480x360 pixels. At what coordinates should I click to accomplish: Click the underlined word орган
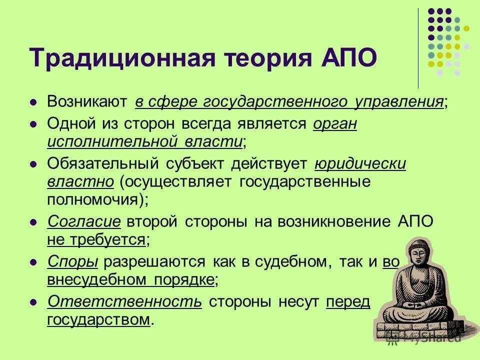click(x=335, y=123)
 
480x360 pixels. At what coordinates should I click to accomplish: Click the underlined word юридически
click(x=360, y=163)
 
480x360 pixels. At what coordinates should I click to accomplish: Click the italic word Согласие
click(x=84, y=221)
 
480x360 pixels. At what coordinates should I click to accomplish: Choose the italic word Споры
click(x=72, y=261)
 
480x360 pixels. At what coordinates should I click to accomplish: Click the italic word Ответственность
click(x=124, y=301)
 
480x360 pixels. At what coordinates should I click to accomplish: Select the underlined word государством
click(x=98, y=319)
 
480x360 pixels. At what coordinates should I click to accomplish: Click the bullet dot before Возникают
click(x=33, y=102)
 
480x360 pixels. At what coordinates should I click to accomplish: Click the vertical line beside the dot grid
click(x=418, y=47)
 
